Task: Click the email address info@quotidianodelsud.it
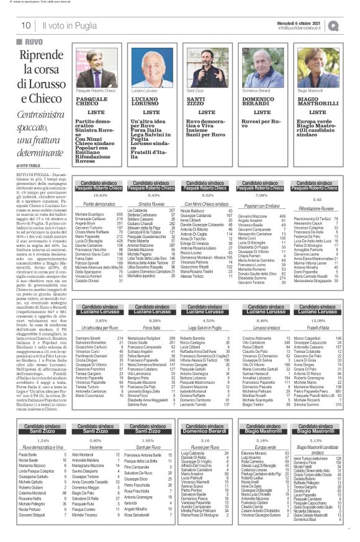tap(301, 28)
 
